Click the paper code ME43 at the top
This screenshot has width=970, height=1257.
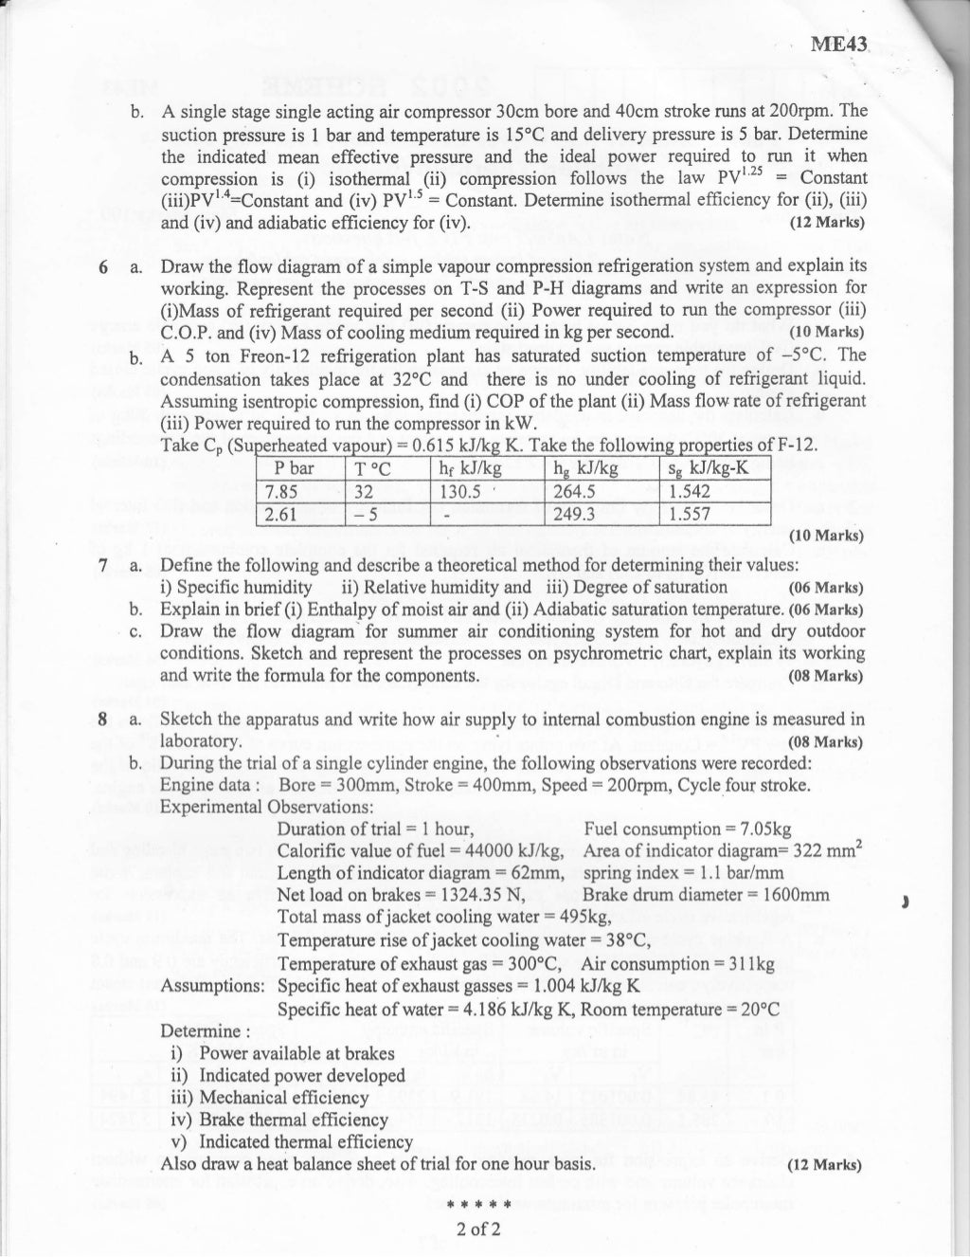coord(838,44)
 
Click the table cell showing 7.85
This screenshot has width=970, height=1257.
coord(283,491)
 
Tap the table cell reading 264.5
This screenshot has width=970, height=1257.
coord(574,491)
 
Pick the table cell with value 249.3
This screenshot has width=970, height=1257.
coord(574,514)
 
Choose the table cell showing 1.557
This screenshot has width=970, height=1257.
coord(690,514)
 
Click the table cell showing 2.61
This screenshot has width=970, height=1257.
coord(282,514)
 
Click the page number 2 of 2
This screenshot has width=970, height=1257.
coord(477,1230)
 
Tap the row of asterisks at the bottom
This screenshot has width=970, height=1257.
coord(477,1206)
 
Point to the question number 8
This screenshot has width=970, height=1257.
coord(103,720)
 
